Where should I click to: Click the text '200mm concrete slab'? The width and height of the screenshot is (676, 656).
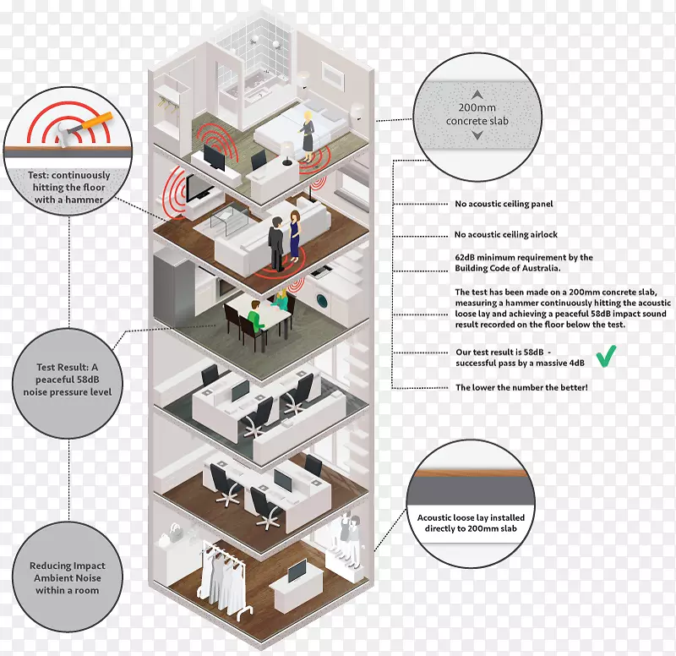tap(478, 114)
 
